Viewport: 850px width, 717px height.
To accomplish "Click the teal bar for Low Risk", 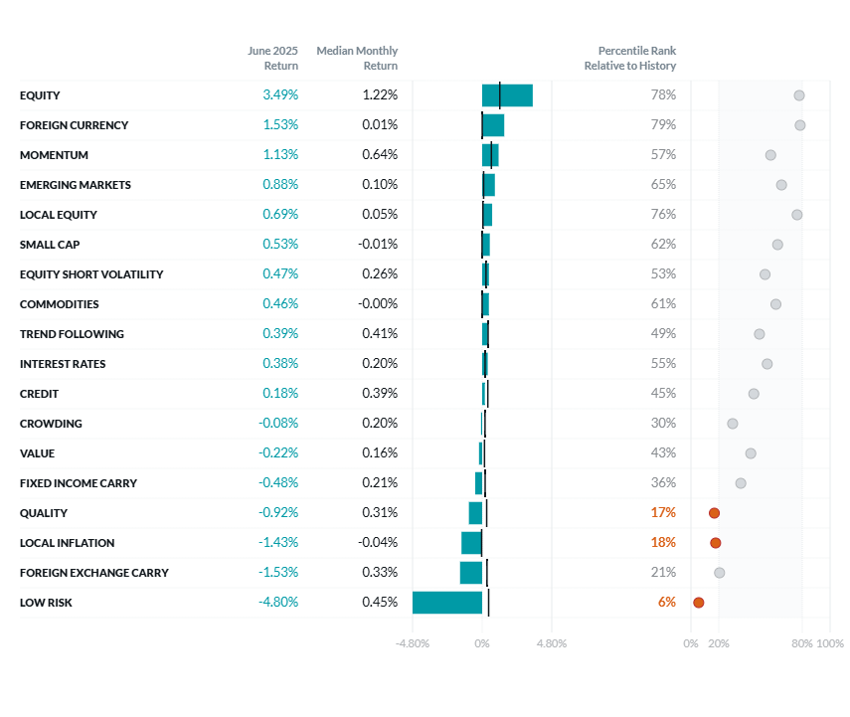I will tap(447, 603).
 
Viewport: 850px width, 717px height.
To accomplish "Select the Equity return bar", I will tap(507, 95).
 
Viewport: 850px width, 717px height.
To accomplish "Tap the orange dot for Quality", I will tap(714, 513).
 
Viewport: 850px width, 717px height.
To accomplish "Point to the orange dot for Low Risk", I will tap(699, 603).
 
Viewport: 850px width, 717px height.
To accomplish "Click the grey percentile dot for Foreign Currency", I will tap(800, 125).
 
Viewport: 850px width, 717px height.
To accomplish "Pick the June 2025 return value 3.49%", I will tap(280, 95).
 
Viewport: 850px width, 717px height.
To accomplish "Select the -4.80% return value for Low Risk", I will tap(278, 603).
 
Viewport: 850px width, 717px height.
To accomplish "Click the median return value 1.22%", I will tap(380, 95).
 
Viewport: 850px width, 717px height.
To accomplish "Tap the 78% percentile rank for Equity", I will tap(663, 95).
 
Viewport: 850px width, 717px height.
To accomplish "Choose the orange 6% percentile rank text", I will tap(666, 603).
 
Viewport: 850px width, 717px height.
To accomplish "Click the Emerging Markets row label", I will tap(76, 185).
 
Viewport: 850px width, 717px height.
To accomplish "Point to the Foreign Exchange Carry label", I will tap(94, 573).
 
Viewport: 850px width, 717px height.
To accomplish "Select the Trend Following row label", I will tap(72, 334).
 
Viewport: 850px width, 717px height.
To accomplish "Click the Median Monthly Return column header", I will tap(357, 58).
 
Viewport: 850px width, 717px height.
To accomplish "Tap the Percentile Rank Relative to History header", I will tap(630, 58).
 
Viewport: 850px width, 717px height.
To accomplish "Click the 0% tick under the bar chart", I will tap(482, 643).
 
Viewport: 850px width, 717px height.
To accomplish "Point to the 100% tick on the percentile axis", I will tap(830, 643).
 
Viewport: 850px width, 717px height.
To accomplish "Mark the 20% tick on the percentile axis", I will tap(719, 643).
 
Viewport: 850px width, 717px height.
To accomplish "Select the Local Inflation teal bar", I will tap(471, 543).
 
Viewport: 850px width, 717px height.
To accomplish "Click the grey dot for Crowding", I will tap(733, 424).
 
